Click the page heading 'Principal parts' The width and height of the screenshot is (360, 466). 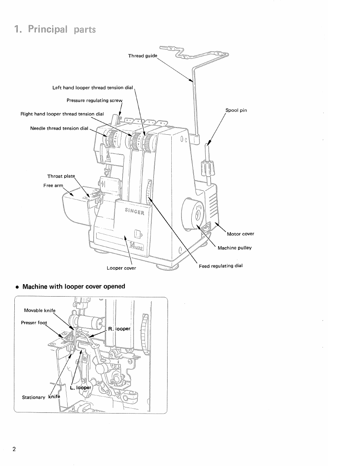click(55, 29)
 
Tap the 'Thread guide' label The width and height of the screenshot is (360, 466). click(142, 56)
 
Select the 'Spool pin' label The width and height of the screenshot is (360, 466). click(236, 111)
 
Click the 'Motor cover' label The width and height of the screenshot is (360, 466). click(240, 234)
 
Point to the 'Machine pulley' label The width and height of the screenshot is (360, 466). click(234, 248)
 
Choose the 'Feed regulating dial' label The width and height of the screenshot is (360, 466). click(221, 266)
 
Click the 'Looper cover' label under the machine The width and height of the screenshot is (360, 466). click(121, 268)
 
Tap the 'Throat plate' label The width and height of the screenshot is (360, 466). click(61, 176)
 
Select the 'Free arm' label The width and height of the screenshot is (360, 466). click(54, 186)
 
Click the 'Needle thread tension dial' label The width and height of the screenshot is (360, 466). click(59, 128)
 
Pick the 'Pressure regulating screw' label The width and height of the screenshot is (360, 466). click(94, 100)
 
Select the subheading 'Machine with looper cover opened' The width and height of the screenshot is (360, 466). click(74, 286)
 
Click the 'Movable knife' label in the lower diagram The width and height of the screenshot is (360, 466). click(40, 311)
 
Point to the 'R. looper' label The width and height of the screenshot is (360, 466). click(119, 329)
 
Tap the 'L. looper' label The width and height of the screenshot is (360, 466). click(81, 388)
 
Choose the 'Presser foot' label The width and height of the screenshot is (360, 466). click(34, 323)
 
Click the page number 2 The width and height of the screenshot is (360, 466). click(14, 449)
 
